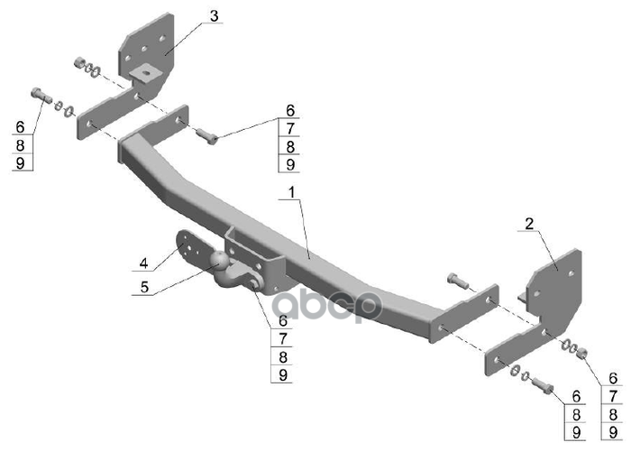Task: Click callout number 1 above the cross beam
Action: pyautogui.click(x=292, y=193)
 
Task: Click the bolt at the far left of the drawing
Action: pyautogui.click(x=39, y=95)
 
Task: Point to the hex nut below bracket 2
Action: pyautogui.click(x=581, y=350)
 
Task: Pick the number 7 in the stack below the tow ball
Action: pyautogui.click(x=283, y=339)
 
